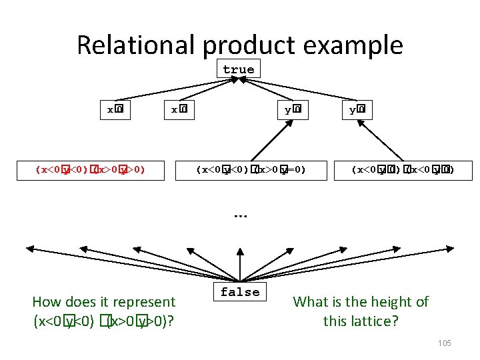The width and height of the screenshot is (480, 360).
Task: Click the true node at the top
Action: point(239,69)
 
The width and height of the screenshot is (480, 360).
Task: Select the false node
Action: point(240,292)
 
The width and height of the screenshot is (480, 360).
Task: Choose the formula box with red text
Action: point(91,170)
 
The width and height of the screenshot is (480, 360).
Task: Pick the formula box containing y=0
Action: point(251,170)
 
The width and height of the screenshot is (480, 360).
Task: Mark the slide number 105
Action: point(445,343)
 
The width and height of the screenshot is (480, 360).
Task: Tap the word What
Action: point(311,302)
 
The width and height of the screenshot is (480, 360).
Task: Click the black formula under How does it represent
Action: point(104,321)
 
